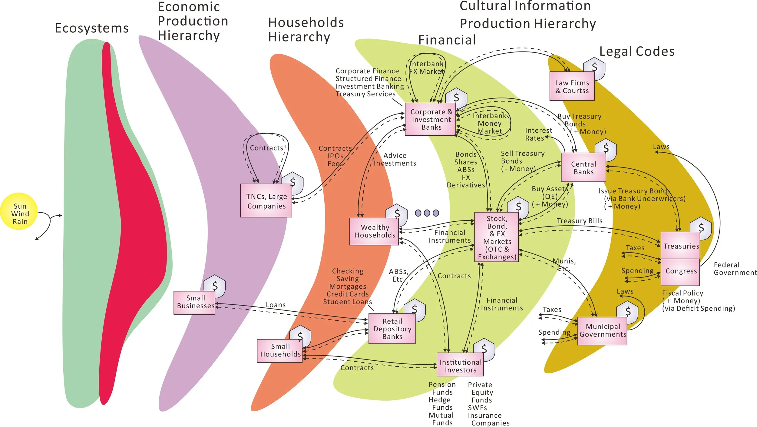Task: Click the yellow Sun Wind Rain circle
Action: (x=19, y=211)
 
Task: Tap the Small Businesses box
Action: (x=194, y=302)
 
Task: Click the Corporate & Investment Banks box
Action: (x=431, y=119)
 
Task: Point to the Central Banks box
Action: (x=583, y=167)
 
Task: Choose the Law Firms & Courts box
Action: (x=572, y=86)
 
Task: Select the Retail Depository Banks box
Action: (x=392, y=329)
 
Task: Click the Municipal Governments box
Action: (x=602, y=330)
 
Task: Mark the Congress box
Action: (x=680, y=271)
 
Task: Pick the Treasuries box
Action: (x=680, y=246)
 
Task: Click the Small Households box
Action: (x=280, y=350)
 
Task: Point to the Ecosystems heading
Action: (x=92, y=28)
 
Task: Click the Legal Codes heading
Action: (x=637, y=51)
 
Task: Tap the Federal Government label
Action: (x=735, y=269)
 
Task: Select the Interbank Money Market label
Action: (x=490, y=124)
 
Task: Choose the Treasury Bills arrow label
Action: (x=580, y=221)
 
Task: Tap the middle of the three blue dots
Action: (x=427, y=213)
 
